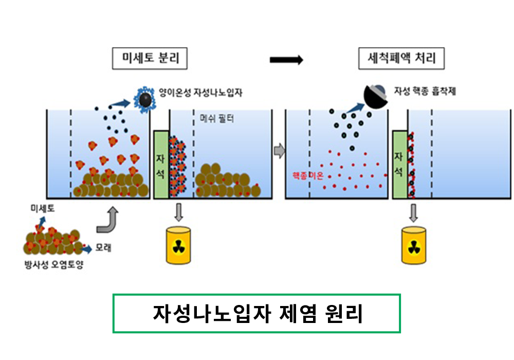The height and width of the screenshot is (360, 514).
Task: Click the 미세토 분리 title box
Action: click(x=150, y=58)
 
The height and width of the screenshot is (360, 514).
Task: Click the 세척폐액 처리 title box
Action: click(x=401, y=58)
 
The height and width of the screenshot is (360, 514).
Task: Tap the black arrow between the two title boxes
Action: click(x=286, y=60)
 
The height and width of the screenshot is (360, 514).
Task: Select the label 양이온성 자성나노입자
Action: click(x=200, y=93)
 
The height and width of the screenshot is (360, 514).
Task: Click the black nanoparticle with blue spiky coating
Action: click(x=145, y=99)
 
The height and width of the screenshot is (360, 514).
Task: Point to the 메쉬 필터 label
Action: click(x=217, y=118)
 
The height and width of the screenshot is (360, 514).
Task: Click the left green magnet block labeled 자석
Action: click(x=161, y=165)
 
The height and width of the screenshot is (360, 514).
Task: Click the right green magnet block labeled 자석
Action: click(x=399, y=165)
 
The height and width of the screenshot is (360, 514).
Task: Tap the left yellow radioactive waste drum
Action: click(x=178, y=245)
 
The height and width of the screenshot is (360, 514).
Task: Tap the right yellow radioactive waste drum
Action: click(x=414, y=245)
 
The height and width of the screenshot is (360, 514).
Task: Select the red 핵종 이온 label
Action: click(x=308, y=176)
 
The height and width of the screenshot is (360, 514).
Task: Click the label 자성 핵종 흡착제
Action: click(x=425, y=91)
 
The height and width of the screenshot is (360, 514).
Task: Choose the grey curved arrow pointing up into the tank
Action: click(x=107, y=220)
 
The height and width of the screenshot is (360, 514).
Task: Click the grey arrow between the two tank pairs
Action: click(x=279, y=151)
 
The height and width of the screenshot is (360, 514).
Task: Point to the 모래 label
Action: click(x=103, y=247)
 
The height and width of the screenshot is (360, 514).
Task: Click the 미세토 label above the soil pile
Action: click(x=43, y=208)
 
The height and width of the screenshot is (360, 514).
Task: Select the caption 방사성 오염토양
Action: click(x=54, y=264)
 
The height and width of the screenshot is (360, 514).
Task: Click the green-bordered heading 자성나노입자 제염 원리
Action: click(x=256, y=313)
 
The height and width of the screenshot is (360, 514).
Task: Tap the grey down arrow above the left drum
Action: click(x=179, y=212)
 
